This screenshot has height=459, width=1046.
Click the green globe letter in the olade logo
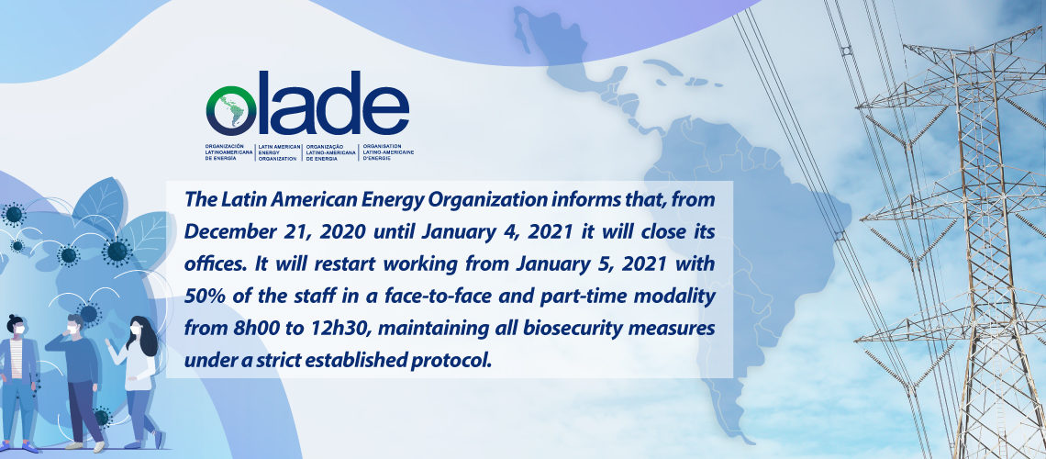point(231,111)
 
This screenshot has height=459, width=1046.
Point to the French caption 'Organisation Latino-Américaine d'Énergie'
point(388,152)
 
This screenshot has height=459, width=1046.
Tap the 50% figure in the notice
point(202,296)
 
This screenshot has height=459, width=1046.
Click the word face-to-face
point(434,296)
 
